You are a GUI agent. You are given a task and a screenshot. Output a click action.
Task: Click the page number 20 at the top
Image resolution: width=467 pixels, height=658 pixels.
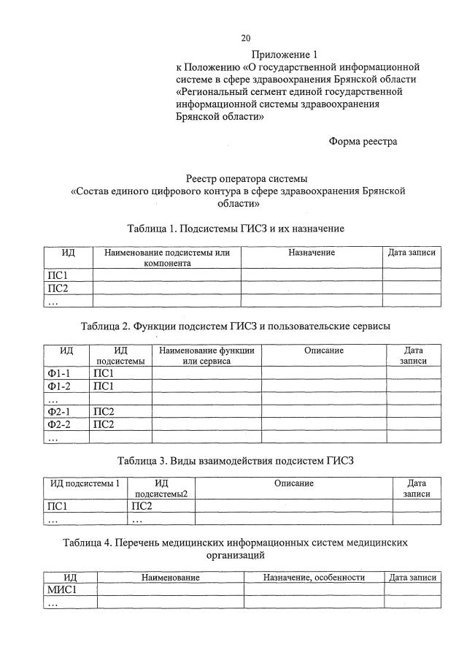(x=246, y=38)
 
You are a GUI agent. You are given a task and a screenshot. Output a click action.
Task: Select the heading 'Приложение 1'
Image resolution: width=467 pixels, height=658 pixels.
(x=285, y=55)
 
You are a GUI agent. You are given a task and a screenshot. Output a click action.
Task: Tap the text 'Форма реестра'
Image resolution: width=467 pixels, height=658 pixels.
(x=363, y=142)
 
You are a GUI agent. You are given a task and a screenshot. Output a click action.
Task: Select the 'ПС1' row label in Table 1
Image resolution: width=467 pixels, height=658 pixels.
(x=57, y=275)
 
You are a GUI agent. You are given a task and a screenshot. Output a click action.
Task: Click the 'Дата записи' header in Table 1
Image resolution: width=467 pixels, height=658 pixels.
(x=412, y=253)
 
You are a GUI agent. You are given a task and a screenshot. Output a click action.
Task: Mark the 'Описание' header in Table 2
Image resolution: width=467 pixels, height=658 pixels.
(x=324, y=351)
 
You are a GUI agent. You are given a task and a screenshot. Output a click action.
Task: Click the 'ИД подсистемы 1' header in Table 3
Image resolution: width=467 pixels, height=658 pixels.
(x=84, y=483)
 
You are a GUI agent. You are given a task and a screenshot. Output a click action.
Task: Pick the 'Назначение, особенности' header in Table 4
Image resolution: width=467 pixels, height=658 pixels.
(x=314, y=577)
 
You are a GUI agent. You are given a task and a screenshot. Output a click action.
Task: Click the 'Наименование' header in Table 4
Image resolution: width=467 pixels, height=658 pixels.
(x=171, y=577)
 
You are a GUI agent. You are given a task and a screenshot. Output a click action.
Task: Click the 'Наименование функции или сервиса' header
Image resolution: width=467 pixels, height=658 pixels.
(x=207, y=356)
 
